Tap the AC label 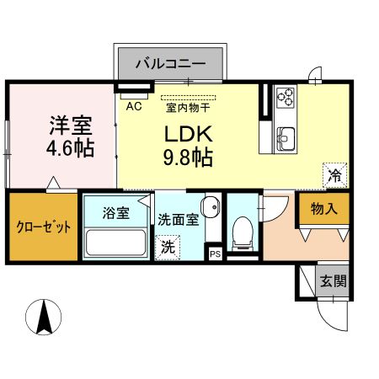(132, 106)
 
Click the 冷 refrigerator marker (334, 177)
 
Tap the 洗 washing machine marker (168, 248)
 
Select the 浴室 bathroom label (116, 213)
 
